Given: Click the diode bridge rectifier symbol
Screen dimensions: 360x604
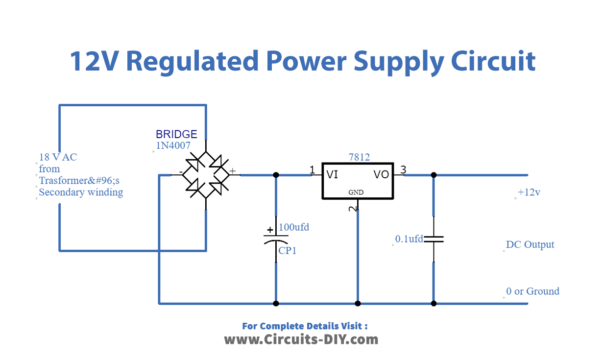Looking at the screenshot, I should coord(208,174).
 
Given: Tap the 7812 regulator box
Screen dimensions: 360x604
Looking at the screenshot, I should coord(356,180).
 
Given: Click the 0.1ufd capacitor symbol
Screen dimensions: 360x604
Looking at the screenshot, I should coord(433,240).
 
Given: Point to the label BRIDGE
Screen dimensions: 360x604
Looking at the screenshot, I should coord(177,133).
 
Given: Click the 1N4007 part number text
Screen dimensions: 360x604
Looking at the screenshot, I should coord(176,146).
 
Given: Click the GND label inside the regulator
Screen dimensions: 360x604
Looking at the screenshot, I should coord(356,191).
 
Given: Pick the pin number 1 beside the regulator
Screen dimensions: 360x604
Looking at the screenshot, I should coord(313,169).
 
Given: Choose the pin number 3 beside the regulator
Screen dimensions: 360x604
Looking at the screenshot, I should coord(403,169).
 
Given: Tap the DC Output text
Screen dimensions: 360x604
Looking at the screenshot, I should coord(530,244).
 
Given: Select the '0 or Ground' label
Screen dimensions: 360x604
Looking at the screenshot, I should coord(533,291).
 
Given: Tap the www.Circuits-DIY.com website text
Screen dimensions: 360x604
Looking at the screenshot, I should coord(301,340).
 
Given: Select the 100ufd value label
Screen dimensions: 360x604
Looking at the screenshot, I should coord(295,227).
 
